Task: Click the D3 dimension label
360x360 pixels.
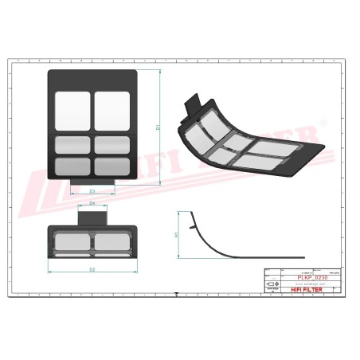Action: click(x=92, y=192)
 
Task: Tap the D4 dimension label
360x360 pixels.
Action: click(x=92, y=205)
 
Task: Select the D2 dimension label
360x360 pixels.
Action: click(x=92, y=270)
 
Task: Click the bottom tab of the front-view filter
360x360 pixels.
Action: click(x=93, y=184)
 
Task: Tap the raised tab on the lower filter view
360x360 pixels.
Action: click(x=92, y=216)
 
